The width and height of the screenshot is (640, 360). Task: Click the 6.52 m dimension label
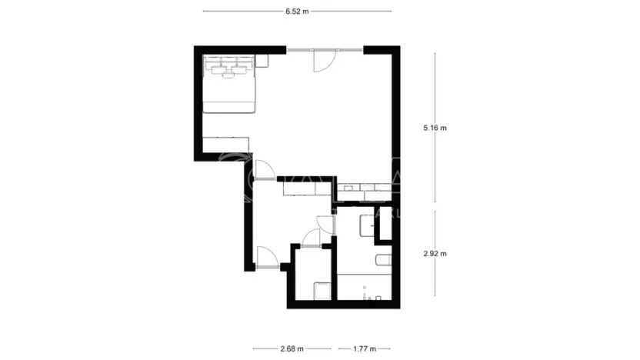click(296, 12)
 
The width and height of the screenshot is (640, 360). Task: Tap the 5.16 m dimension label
click(435, 128)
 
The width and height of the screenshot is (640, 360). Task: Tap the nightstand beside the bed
click(262, 60)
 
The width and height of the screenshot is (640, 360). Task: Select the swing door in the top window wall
click(323, 61)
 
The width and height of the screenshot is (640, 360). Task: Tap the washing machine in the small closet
click(322, 290)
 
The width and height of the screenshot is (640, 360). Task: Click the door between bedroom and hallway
click(264, 169)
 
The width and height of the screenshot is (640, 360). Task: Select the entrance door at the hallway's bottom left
click(266, 257)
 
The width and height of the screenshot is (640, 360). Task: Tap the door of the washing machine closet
click(312, 238)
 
